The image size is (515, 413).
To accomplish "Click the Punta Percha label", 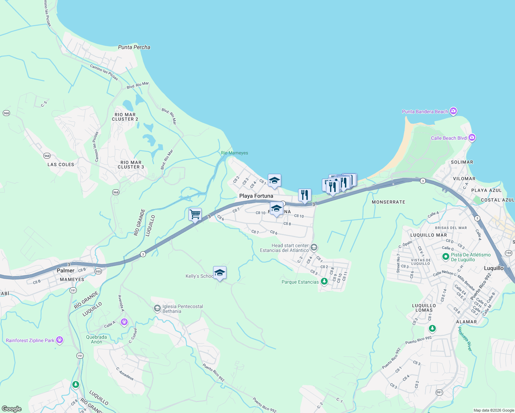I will (x=134, y=47).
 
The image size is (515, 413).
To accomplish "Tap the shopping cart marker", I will (x=195, y=214).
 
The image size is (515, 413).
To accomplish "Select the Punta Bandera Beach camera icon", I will (x=453, y=111).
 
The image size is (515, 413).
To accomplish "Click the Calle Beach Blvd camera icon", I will (x=472, y=138).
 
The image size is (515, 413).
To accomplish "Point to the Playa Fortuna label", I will (x=256, y=196).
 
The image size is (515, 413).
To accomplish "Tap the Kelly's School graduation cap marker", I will (x=220, y=273).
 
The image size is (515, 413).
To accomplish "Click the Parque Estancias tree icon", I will (x=324, y=282).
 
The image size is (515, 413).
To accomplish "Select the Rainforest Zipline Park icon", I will (x=60, y=340).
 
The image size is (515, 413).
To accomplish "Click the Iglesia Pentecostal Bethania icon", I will (x=157, y=308).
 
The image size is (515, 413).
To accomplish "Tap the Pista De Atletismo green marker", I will (x=446, y=257).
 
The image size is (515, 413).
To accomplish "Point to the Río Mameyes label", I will (x=234, y=153).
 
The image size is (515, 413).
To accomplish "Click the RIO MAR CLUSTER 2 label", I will (x=125, y=117).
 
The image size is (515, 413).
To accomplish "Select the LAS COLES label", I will (x=61, y=165).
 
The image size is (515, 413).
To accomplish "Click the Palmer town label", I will (x=65, y=271).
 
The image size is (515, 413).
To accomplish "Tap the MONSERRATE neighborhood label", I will (x=388, y=202).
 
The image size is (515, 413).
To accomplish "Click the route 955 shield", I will (x=98, y=271).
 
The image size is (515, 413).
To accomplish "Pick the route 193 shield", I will (x=508, y=253).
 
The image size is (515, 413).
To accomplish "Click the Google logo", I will (x=12, y=409).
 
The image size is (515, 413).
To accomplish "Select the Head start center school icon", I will (x=314, y=247).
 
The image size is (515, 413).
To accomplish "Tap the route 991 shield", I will (x=439, y=392).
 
